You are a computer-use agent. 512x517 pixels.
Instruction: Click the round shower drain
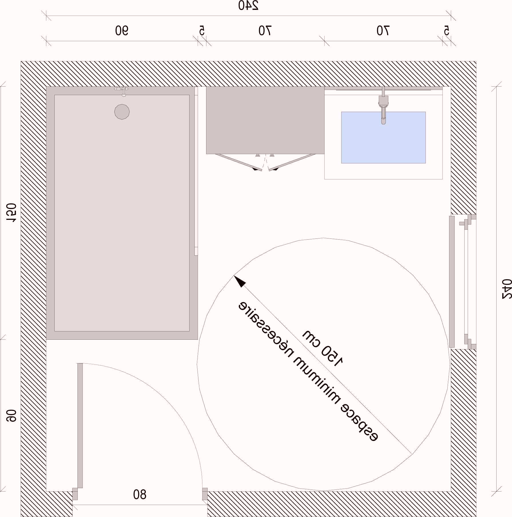[122, 112]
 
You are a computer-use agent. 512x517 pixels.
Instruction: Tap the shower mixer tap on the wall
[122, 91]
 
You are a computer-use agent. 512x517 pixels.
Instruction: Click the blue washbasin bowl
[383, 138]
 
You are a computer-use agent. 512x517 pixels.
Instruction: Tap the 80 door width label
[140, 494]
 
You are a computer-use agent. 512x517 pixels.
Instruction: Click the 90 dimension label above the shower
[122, 31]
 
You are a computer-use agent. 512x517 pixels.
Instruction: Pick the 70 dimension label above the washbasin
[383, 31]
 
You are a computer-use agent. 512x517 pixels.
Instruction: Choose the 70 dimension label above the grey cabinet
[265, 31]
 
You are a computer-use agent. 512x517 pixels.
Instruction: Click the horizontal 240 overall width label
[248, 6]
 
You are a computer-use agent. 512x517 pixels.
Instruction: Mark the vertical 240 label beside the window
[507, 289]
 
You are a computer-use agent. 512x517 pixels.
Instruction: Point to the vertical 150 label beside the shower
[12, 213]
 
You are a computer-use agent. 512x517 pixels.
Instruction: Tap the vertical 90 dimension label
[12, 416]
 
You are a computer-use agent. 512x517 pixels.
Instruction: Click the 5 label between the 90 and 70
[202, 31]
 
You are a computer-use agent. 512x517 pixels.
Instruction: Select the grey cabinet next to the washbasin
[265, 120]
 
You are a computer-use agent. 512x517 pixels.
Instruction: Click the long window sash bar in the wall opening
[452, 282]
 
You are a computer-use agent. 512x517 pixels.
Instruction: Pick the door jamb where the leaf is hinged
[75, 494]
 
